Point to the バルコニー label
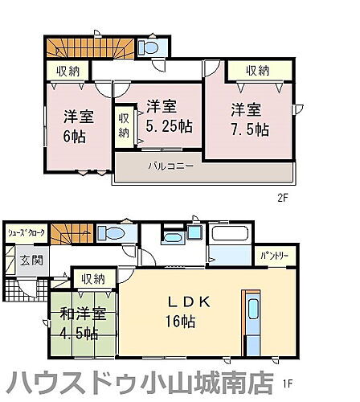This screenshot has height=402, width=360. [170, 166]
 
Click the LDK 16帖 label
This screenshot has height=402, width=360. [189, 310]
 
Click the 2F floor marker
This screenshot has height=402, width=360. [283, 197]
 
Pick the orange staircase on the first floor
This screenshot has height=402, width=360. [67, 235]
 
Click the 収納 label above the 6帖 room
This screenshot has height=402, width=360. [67, 72]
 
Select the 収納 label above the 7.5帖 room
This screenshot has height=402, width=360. [257, 72]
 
